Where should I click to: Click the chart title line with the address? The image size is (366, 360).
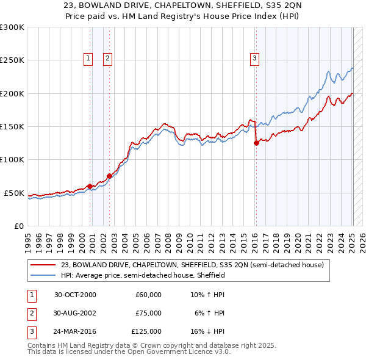click(182, 5)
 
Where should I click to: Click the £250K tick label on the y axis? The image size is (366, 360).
click(12, 60)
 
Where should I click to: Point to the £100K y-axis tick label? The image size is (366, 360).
click(12, 159)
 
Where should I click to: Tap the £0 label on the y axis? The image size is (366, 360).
click(18, 226)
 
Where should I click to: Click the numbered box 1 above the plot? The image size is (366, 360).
click(88, 59)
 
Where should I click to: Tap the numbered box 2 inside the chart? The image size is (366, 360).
click(107, 59)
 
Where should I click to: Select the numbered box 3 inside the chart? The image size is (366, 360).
click(254, 59)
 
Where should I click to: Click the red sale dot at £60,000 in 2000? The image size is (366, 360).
click(90, 186)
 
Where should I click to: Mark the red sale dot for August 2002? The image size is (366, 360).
click(110, 176)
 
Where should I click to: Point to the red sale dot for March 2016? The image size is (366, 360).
click(256, 143)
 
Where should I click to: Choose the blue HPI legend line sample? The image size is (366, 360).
click(43, 275)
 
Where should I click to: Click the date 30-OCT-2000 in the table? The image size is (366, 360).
click(75, 295)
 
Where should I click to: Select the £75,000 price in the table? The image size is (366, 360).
click(148, 313)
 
